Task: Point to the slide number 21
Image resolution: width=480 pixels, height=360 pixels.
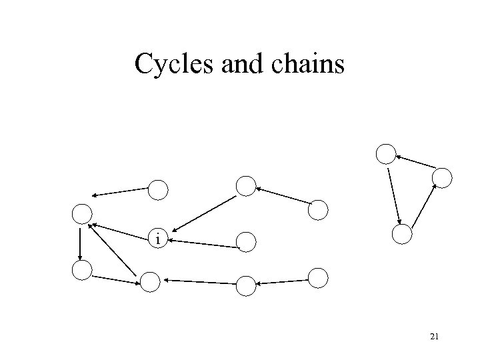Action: point(434,337)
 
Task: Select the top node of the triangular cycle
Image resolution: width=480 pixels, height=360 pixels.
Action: point(385,154)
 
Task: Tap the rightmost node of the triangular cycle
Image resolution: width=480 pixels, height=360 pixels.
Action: point(442,177)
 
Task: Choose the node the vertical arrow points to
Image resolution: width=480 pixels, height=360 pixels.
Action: point(81,270)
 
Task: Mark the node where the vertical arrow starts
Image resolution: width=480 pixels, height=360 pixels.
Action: point(81,213)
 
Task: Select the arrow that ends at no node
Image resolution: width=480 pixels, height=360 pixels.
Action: point(120,191)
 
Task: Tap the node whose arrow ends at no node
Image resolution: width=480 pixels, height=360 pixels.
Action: point(158,190)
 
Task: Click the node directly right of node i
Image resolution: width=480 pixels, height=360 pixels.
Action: point(246,241)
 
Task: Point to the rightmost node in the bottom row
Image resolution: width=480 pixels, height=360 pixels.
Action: point(319,277)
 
